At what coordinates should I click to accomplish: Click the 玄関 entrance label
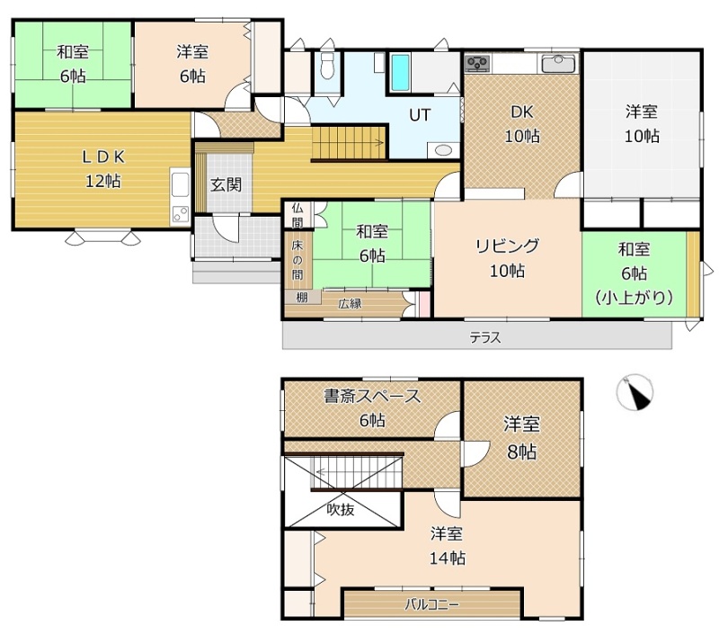tap(226, 185)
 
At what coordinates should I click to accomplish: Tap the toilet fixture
tap(327, 65)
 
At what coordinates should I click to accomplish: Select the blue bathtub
tap(400, 73)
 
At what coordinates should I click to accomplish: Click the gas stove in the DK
tap(477, 63)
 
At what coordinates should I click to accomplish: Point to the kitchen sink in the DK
tap(558, 63)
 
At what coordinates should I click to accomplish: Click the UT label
tap(420, 115)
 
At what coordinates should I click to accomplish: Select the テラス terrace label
tap(485, 337)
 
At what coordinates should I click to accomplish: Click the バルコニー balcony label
tap(431, 604)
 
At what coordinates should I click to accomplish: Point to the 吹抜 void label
tap(341, 509)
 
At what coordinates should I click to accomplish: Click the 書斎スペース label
tap(372, 396)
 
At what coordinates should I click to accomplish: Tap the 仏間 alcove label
tap(297, 215)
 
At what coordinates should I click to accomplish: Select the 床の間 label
tap(297, 260)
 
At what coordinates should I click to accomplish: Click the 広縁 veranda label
tap(350, 304)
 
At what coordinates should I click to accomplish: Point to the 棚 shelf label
tap(301, 298)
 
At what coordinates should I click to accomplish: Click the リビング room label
tap(507, 246)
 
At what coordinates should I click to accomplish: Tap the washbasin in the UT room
tap(443, 150)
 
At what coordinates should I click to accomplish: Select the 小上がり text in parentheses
tap(635, 299)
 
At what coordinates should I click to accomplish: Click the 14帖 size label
tap(447, 559)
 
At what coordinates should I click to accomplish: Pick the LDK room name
tap(102, 157)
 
